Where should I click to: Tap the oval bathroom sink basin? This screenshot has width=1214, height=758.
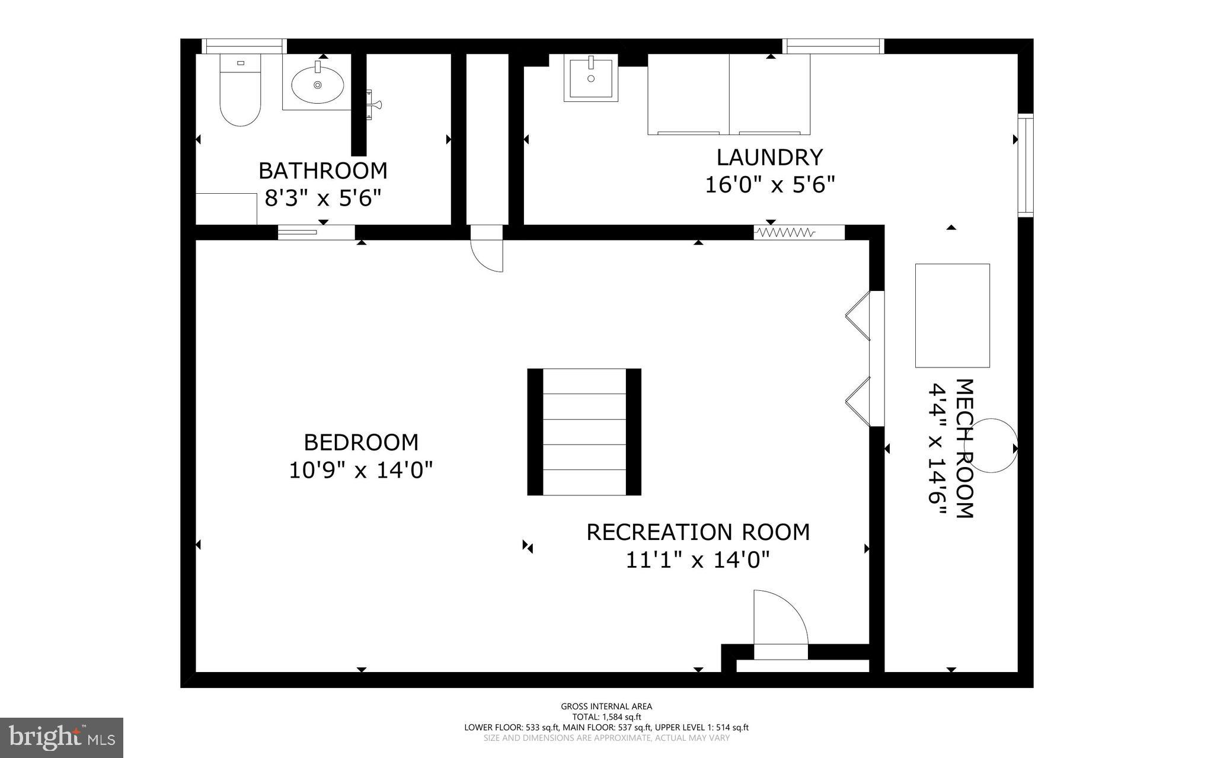tap(317, 85)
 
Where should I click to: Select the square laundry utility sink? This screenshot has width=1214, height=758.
tap(590, 78)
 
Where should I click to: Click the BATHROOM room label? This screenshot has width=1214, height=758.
tap(323, 171)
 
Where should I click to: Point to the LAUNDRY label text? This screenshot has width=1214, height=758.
tap(769, 158)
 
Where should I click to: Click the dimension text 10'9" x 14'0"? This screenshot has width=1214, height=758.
tap(360, 471)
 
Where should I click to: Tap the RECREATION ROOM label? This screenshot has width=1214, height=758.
tap(698, 532)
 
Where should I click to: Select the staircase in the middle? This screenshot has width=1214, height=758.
tap(584, 431)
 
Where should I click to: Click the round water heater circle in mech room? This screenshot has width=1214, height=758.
tap(991, 446)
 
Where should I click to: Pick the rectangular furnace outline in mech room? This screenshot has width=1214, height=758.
tap(952, 315)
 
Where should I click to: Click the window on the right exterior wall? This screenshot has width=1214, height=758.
tap(1025, 165)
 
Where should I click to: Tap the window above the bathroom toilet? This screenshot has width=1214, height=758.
tap(244, 46)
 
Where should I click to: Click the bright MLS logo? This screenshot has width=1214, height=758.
tap(62, 737)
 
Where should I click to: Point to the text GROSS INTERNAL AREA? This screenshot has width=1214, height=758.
tap(606, 706)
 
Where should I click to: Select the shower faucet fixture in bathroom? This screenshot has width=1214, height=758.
tap(373, 105)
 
